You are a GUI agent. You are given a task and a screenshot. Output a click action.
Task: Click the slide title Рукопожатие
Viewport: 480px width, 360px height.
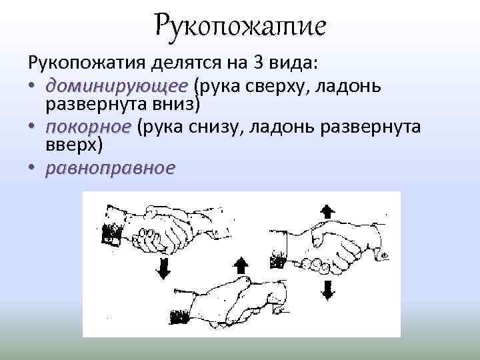240,27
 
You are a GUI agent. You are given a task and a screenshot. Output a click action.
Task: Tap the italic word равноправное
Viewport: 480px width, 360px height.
110,169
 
